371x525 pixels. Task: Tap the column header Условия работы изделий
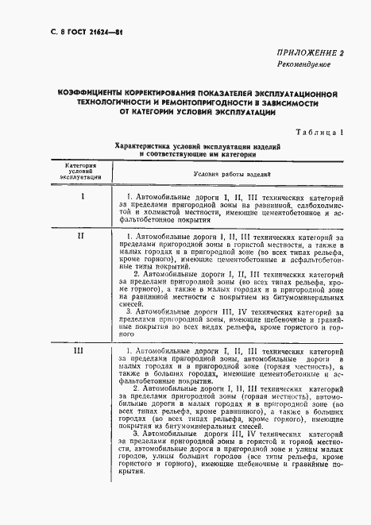pyautogui.click(x=232, y=173)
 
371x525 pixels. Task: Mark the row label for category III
pyautogui.click(x=80, y=350)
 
